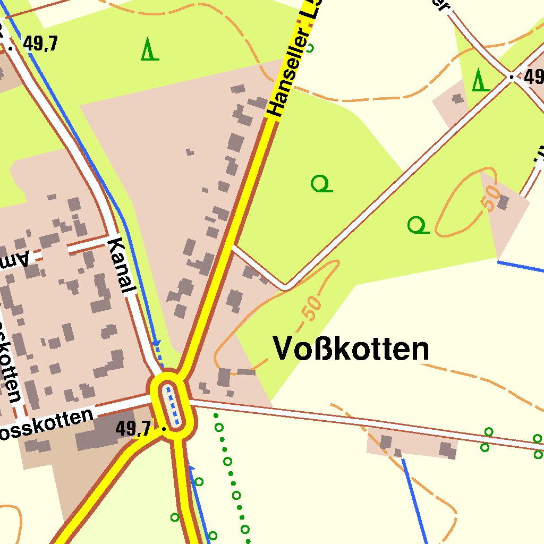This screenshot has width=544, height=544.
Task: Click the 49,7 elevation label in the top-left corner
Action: click(40, 44)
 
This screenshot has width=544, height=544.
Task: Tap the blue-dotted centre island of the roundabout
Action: click(173, 407)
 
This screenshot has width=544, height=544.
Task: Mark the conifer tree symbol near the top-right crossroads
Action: click(480, 80)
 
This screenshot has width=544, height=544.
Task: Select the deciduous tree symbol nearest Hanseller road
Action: click(321, 184)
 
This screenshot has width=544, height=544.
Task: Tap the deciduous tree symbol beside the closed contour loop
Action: click(418, 225)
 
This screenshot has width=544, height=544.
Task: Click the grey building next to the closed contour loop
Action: click(503, 202)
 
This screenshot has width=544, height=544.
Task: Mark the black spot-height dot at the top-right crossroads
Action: click(512, 78)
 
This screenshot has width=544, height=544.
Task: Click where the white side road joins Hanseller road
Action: click(234, 247)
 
